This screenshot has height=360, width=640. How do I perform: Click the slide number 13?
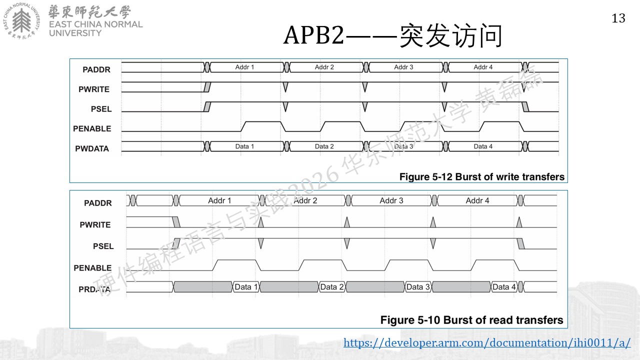click(618, 18)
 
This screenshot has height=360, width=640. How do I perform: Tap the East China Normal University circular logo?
click(21, 21)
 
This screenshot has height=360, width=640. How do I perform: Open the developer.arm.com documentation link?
click(487, 342)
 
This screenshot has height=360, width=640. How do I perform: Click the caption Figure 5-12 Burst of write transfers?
click(481, 177)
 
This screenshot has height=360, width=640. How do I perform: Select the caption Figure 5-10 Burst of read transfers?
click(471, 320)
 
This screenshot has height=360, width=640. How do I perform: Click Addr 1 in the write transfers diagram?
click(244, 67)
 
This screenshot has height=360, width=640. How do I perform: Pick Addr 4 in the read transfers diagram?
click(477, 200)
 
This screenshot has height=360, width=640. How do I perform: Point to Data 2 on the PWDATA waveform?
click(324, 146)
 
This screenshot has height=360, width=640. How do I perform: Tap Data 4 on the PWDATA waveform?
click(483, 146)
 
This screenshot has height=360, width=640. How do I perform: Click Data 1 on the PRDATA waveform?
click(246, 287)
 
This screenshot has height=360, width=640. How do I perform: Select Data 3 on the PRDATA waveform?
click(418, 287)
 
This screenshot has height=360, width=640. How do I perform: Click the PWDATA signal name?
click(92, 148)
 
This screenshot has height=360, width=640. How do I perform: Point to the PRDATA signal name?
click(94, 289)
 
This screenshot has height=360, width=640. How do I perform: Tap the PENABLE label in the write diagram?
click(92, 128)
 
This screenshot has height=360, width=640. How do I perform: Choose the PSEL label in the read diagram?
click(103, 246)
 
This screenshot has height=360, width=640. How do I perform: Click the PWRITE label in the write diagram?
click(94, 89)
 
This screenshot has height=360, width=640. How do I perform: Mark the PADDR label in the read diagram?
click(97, 203)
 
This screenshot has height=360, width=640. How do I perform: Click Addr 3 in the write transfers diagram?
click(403, 67)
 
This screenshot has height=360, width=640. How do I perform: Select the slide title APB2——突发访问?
click(393, 35)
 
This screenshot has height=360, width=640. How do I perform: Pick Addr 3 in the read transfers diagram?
click(391, 200)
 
